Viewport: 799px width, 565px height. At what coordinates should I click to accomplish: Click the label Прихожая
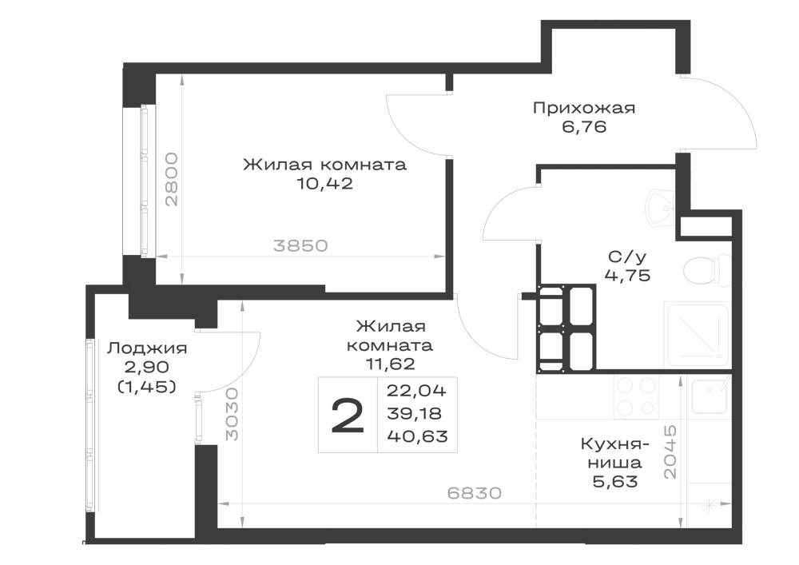(584, 109)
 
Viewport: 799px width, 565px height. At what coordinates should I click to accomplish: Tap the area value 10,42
(324, 184)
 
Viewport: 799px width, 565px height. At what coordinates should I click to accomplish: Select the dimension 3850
(300, 245)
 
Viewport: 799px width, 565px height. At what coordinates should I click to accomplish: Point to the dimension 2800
(173, 179)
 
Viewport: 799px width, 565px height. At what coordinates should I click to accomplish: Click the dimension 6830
(475, 492)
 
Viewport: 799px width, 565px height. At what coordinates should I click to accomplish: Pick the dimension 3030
(232, 414)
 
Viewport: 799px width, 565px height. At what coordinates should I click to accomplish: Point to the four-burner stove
(635, 397)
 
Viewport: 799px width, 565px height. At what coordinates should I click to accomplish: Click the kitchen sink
(710, 396)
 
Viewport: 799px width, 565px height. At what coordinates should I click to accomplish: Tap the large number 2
(348, 415)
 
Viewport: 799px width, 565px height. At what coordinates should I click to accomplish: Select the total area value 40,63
(417, 436)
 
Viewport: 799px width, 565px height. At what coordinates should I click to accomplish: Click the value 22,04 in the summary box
(416, 391)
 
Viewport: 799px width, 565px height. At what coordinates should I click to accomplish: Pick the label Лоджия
(147, 348)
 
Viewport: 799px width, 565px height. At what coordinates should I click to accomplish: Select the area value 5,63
(615, 481)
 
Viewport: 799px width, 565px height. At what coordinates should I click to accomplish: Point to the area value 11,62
(390, 364)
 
